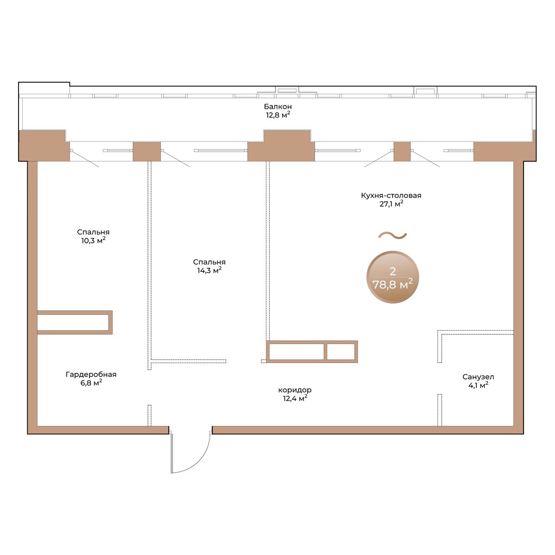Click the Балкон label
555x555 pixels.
click(277, 106)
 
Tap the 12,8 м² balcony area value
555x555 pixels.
click(277, 115)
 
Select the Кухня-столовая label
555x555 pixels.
click(391, 196)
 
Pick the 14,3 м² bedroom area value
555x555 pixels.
click(210, 271)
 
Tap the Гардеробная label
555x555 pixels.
click(91, 375)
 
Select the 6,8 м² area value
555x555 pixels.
click(91, 383)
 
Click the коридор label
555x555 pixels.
click(295, 390)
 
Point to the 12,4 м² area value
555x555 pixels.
click(295, 399)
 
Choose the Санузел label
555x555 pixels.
click(478, 377)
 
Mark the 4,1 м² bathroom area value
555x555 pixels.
click(478, 385)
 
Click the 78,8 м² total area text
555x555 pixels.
click(393, 285)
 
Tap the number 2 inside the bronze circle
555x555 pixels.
click(393, 271)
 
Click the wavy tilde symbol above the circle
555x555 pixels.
click(392, 236)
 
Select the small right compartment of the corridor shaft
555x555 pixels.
click(341, 351)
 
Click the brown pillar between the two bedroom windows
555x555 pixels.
click(147, 152)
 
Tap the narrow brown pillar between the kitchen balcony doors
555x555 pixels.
click(402, 152)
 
